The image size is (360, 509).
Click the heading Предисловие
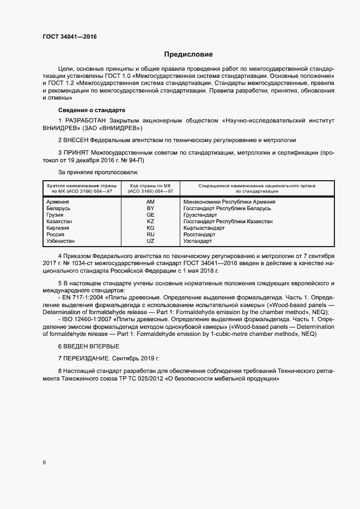[188, 54]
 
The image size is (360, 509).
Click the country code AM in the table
[151, 201]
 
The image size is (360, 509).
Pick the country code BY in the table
[151, 208]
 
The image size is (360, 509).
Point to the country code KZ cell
[151, 221]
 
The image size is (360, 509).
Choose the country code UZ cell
[151, 241]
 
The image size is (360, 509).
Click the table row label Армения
[58, 201]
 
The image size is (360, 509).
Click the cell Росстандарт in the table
[201, 234]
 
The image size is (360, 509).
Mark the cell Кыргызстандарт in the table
[204, 228]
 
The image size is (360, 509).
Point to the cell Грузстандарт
[201, 214]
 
